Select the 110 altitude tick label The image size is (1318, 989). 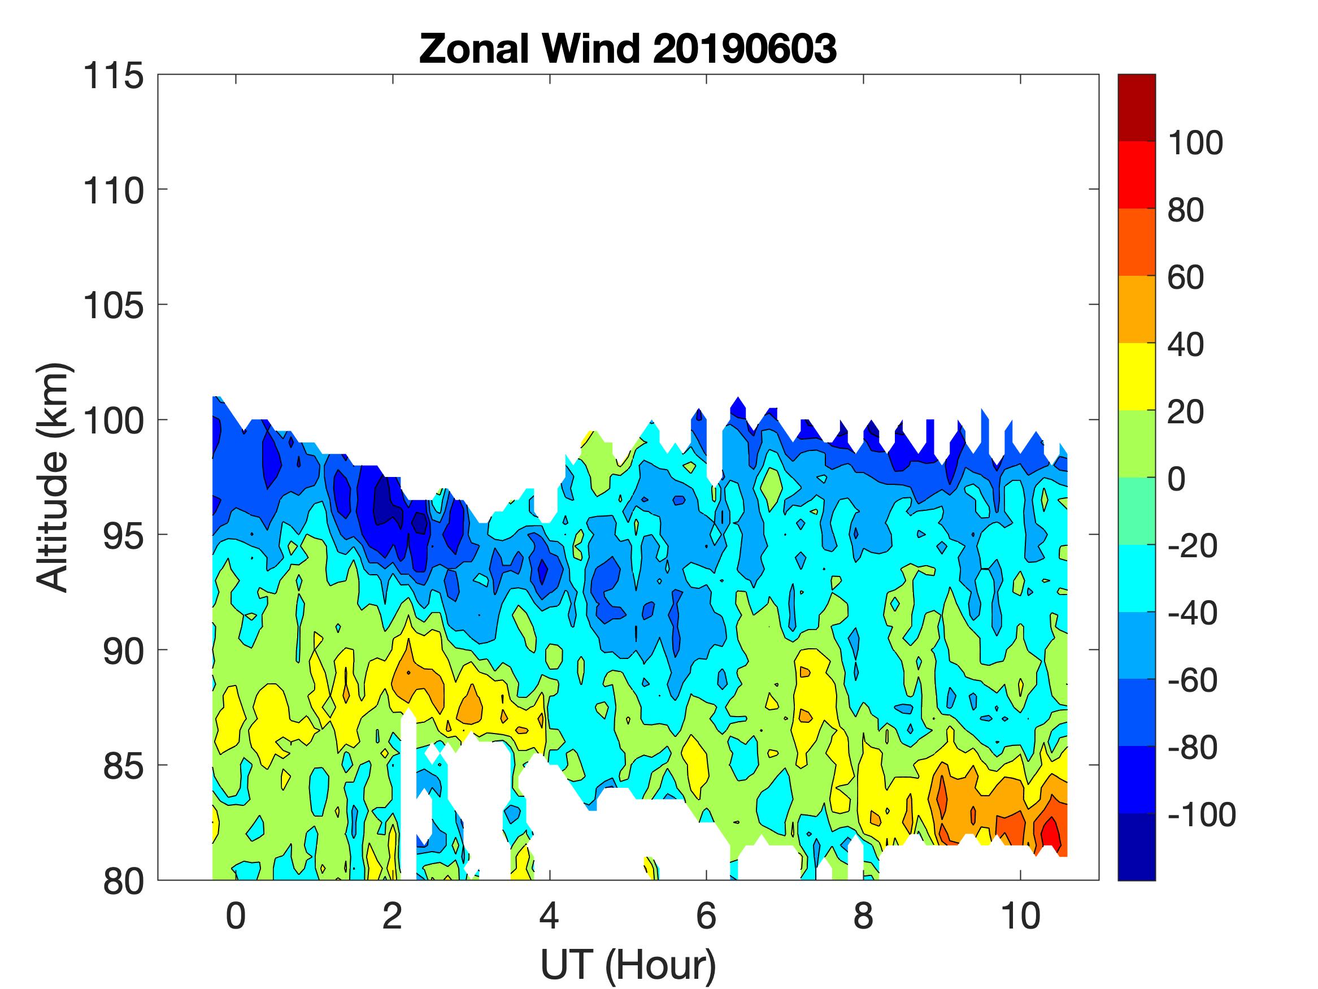[113, 192]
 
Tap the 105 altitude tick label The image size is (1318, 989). [113, 306]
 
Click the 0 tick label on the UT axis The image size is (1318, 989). [236, 916]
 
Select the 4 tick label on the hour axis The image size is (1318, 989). [549, 916]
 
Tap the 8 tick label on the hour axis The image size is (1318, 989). [863, 916]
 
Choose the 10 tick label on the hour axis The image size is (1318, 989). [1020, 916]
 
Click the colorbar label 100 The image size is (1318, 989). [1195, 143]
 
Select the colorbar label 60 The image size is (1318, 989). [1186, 277]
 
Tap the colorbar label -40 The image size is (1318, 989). [1192, 613]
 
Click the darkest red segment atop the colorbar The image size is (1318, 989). [1136, 107]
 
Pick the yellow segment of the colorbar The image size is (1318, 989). [1136, 377]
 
